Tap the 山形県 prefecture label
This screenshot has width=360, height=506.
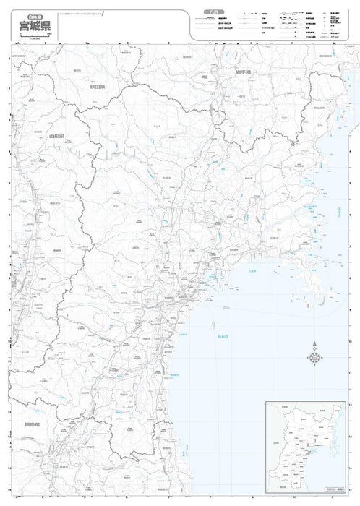tap(56, 135)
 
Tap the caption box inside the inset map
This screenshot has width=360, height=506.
tap(337, 491)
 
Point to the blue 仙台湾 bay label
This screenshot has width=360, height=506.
tap(213, 333)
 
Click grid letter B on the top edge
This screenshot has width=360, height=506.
tap(46, 43)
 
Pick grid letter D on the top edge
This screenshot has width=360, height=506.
tap(128, 43)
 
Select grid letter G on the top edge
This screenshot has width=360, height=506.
tap(252, 43)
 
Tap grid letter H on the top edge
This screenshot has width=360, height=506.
tap(293, 43)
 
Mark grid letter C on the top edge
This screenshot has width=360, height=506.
tap(87, 43)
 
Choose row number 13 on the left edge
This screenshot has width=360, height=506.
tap(7, 435)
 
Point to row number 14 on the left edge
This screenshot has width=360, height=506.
tap(7, 468)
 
